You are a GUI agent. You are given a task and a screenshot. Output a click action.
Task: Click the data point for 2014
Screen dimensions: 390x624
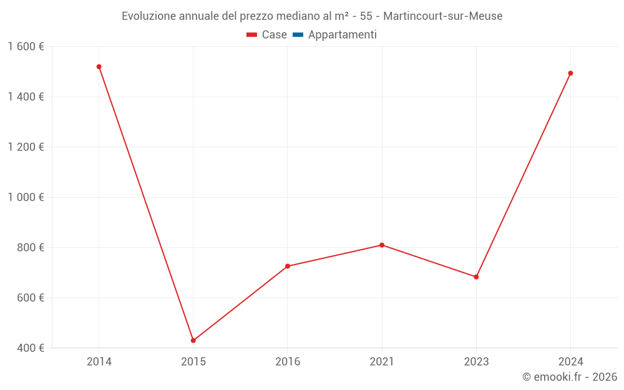(99, 67)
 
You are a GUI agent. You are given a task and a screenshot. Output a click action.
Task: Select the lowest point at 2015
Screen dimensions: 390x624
(193, 340)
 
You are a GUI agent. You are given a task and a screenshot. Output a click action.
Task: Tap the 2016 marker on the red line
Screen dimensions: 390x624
(288, 266)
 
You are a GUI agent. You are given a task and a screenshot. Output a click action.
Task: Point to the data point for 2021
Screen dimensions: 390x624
(382, 245)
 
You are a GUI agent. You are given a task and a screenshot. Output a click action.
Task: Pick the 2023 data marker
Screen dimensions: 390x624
(476, 276)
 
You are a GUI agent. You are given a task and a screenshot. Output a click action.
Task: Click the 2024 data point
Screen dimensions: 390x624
(570, 73)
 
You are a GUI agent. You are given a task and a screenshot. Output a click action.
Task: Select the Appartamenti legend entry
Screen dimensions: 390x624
(342, 35)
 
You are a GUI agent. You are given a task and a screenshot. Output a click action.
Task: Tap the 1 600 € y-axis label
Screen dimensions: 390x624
(26, 46)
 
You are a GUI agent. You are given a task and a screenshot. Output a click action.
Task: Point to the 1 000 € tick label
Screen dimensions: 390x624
(26, 197)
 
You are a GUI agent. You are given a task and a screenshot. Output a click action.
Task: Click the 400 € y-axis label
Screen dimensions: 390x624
(30, 348)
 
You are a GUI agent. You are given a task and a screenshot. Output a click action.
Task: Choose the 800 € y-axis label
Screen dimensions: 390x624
(30, 247)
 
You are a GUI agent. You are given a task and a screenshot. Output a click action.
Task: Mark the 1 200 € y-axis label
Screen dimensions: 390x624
(26, 147)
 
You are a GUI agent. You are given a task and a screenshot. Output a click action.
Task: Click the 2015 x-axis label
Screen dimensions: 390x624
(193, 361)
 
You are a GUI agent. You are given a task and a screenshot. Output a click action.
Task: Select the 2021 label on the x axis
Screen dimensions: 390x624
(382, 361)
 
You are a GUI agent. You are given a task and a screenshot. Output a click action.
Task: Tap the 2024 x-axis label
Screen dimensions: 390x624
(570, 361)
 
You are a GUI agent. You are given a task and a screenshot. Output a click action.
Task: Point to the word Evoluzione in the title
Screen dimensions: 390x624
(149, 16)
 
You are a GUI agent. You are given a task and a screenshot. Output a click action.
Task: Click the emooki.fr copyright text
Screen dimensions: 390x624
(570, 377)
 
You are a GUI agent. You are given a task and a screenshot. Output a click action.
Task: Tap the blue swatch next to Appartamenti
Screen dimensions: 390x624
(298, 35)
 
